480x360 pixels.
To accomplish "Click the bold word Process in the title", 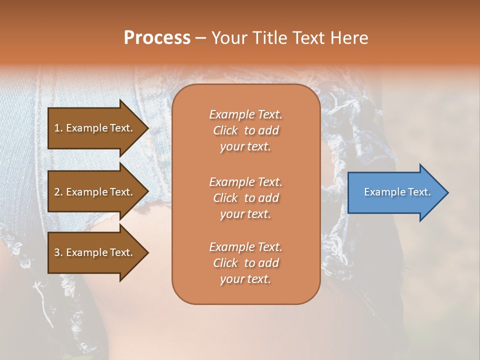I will click(x=157, y=38).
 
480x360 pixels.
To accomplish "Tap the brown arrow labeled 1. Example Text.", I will click(x=95, y=128).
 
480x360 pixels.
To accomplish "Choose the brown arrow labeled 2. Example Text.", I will click(x=95, y=192).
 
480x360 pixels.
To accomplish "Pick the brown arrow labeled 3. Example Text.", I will click(x=95, y=252).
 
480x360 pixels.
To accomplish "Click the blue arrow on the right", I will click(x=395, y=192).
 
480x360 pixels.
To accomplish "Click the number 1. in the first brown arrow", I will click(x=58, y=128).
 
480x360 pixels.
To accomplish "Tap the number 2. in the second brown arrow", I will click(x=58, y=192).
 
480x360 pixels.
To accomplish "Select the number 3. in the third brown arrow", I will click(x=58, y=252).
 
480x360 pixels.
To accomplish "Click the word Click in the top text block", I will click(x=225, y=130).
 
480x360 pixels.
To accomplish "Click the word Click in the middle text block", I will click(x=225, y=198).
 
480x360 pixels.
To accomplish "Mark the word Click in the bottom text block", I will click(x=225, y=263).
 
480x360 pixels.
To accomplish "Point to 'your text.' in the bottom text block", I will click(x=245, y=279).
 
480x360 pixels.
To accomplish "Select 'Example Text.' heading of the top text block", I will click(x=245, y=114).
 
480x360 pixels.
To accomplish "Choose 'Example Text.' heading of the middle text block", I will click(x=245, y=181).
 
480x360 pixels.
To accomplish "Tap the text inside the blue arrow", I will click(x=397, y=192).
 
